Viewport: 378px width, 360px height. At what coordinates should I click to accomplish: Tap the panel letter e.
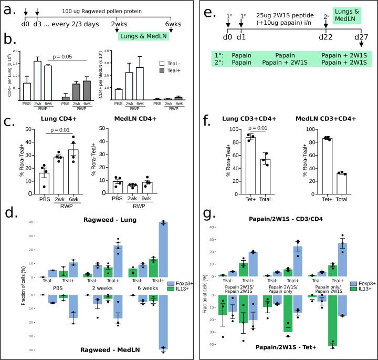tap(207, 11)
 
